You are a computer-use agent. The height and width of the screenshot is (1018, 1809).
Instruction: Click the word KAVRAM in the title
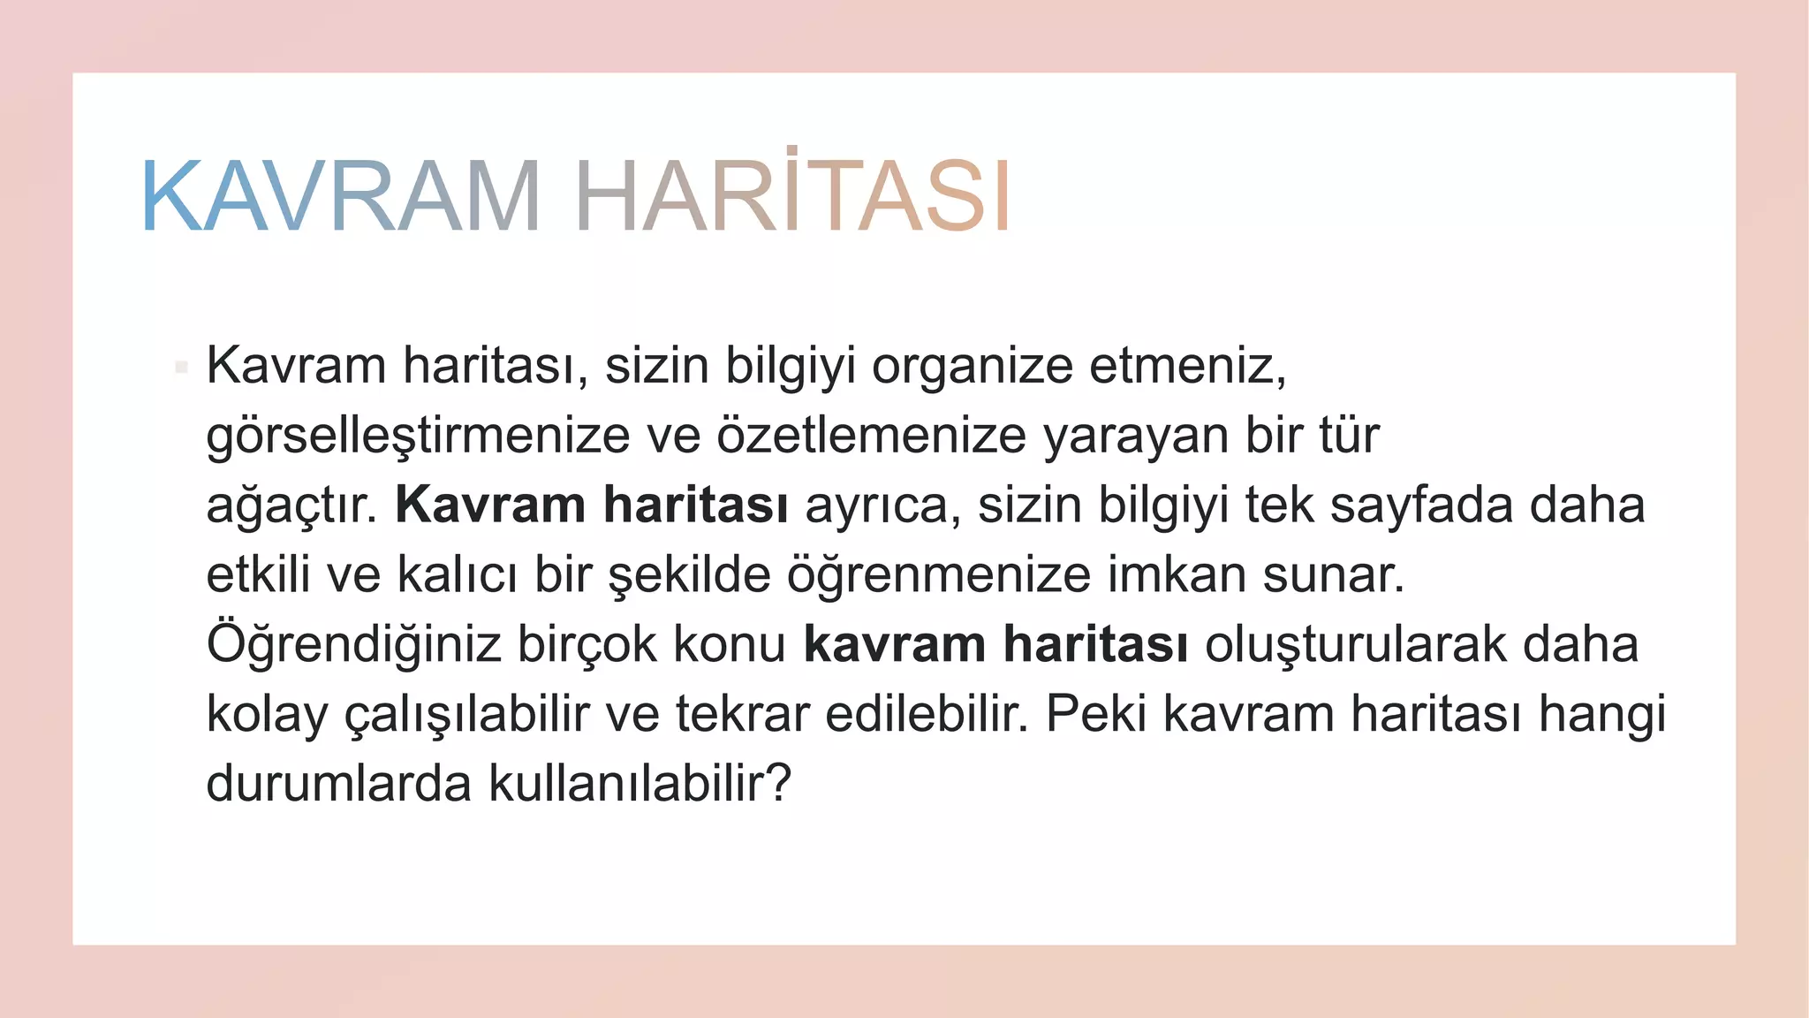[341, 196]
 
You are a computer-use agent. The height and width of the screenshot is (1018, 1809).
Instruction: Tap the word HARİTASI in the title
[792, 196]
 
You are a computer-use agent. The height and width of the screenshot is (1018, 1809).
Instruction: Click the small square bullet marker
[181, 367]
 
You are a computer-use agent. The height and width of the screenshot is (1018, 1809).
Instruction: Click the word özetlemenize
[871, 435]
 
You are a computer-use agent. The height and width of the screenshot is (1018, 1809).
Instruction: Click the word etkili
[258, 574]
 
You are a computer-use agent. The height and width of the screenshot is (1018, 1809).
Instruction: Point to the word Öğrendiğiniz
[353, 645]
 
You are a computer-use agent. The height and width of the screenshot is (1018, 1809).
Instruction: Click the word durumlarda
[338, 784]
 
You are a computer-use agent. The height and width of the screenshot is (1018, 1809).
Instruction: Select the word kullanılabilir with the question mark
[640, 784]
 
